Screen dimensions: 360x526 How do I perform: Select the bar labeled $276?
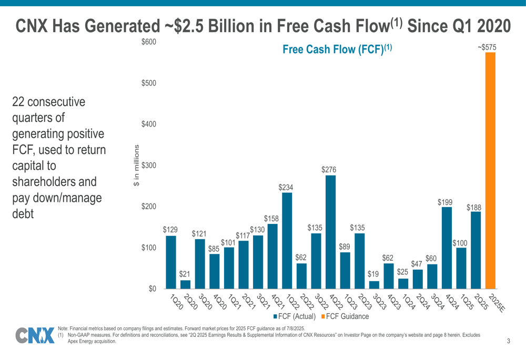tap(330, 232)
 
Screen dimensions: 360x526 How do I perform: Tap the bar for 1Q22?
tap(287, 241)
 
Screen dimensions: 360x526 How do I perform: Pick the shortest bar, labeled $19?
tap(374, 285)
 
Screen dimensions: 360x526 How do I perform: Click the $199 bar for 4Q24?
tap(447, 248)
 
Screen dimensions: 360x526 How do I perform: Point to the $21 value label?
tap(185, 274)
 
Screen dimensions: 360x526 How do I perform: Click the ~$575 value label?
tap(487, 47)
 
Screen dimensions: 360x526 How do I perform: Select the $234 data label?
tap(287, 187)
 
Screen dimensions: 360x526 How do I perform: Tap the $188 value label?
tap(474, 208)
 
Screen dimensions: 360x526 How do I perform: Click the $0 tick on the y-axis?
tap(151, 289)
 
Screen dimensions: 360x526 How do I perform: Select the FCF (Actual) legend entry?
tap(294, 316)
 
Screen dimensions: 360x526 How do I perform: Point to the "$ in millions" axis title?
tap(136, 165)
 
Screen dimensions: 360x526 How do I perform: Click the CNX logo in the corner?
tap(35, 336)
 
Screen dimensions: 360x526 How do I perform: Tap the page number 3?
tap(509, 342)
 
